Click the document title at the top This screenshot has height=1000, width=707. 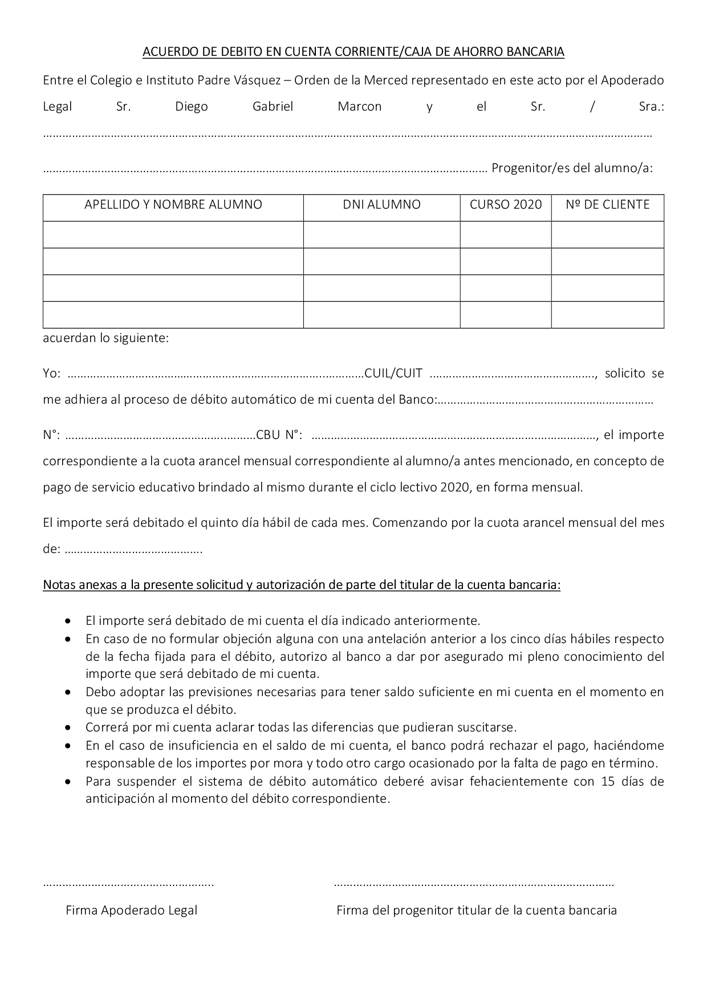click(x=353, y=52)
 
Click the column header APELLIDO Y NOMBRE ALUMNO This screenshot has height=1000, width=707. click(x=173, y=205)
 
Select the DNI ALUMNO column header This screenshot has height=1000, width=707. click(x=381, y=205)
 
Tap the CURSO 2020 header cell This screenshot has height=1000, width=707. click(x=506, y=205)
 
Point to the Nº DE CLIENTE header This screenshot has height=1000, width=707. click(x=607, y=205)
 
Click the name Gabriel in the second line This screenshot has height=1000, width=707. click(x=273, y=107)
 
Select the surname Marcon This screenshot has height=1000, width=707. click(x=359, y=107)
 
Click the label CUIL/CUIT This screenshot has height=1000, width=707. click(x=393, y=373)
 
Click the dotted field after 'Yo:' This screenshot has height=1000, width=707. click(x=216, y=375)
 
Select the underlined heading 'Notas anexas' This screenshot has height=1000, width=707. click(x=302, y=585)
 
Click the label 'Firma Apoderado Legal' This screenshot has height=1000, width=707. click(x=131, y=910)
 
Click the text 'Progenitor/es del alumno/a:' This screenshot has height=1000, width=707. click(x=572, y=168)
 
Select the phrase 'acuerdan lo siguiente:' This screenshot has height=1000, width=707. click(x=106, y=338)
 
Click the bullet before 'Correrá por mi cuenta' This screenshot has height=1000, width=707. click(x=68, y=728)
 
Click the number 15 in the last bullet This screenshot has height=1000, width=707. click(x=608, y=781)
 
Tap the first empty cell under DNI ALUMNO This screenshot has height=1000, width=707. click(x=381, y=234)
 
